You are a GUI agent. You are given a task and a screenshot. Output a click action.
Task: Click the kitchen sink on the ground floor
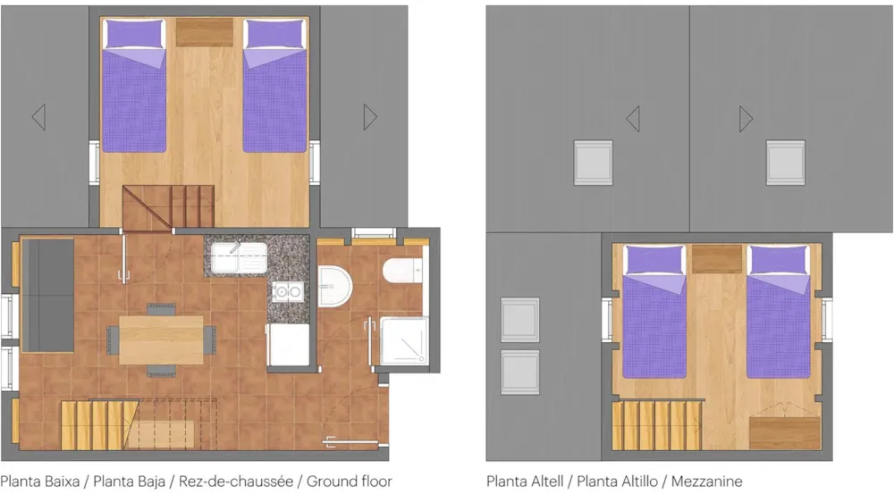coord(239,258)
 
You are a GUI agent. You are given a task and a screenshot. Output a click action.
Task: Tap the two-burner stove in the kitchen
coord(287,292)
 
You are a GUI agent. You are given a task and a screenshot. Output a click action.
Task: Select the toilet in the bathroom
coord(402,271)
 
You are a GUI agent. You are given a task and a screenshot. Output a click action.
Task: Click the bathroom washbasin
coord(334,286)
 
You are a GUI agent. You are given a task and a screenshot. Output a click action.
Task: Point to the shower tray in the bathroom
coord(404,340)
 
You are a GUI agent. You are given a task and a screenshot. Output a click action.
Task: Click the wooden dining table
coord(161,340)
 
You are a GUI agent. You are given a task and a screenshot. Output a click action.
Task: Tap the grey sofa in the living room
coord(48,295)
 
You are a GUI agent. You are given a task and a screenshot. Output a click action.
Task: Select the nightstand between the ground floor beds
coord(204,32)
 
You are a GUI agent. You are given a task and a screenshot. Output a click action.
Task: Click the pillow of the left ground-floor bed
coord(134,34)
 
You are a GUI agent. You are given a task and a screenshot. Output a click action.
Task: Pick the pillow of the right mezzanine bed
coord(779,260)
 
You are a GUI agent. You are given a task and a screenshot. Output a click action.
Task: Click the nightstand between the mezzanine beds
coord(717,259)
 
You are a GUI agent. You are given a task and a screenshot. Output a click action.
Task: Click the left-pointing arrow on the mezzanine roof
coord(633,119)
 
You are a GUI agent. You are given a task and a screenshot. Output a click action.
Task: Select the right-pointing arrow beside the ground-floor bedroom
coord(371,117)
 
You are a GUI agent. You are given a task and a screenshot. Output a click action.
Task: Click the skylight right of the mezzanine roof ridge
coord(785,163)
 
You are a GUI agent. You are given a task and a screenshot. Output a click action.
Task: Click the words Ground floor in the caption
coord(349,481)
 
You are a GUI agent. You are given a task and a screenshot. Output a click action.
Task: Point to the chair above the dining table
coord(161,309)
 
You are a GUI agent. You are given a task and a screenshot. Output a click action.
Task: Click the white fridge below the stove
coord(289,345)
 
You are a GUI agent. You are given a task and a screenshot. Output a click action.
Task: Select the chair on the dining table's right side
coord(210,340)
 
